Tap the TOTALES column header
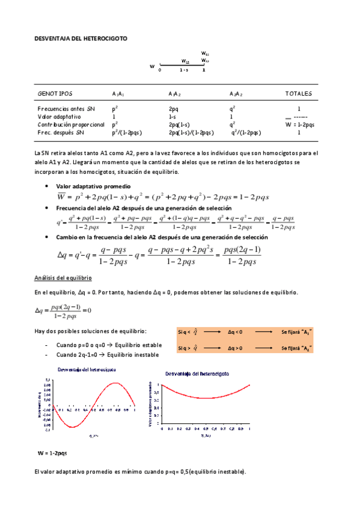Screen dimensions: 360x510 click(x=298, y=94)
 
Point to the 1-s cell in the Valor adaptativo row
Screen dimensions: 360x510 click(x=172, y=116)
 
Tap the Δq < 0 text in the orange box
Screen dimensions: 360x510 click(x=235, y=331)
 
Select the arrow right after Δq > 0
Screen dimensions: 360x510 click(x=261, y=348)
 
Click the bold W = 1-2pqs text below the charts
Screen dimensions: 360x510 click(x=52, y=452)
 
